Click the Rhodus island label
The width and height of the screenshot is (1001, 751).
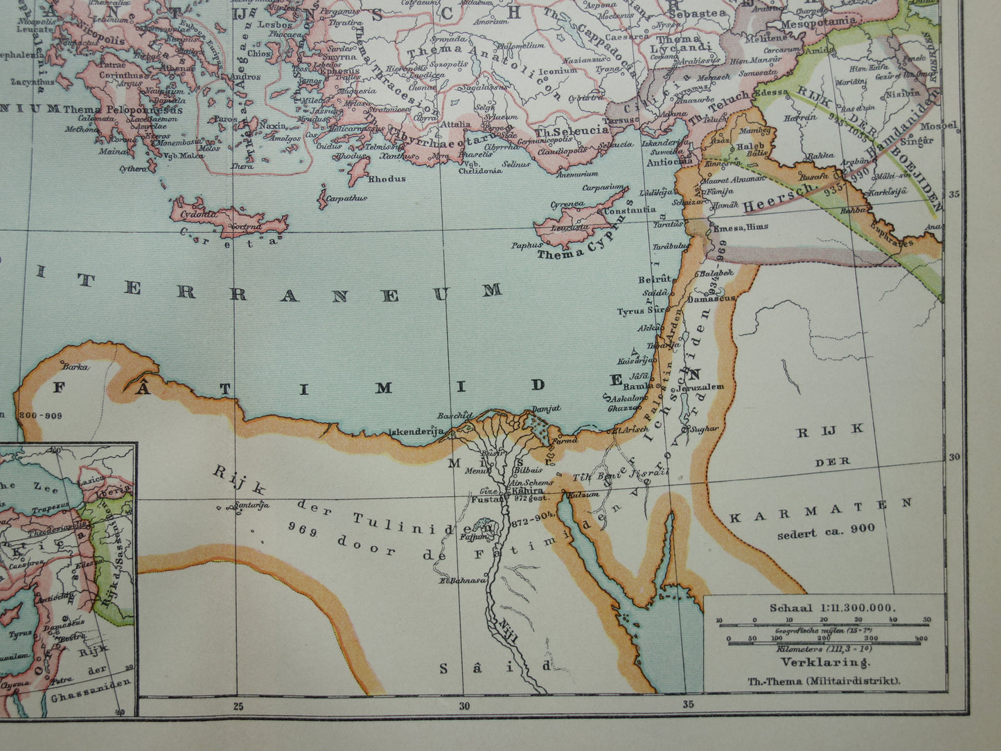387,178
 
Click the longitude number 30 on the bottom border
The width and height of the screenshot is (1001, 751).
463,707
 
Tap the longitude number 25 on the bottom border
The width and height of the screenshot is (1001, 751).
238,707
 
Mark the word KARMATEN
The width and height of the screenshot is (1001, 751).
820,510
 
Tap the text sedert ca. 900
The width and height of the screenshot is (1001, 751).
826,529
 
